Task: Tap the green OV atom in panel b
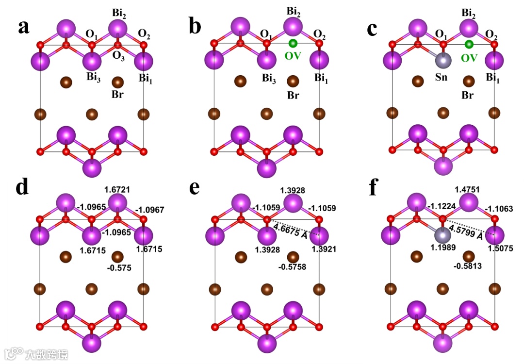[x=293, y=44]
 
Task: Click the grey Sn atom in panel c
[x=442, y=61]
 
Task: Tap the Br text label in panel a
[x=117, y=94]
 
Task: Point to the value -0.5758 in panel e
[x=292, y=266]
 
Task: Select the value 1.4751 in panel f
[x=468, y=188]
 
